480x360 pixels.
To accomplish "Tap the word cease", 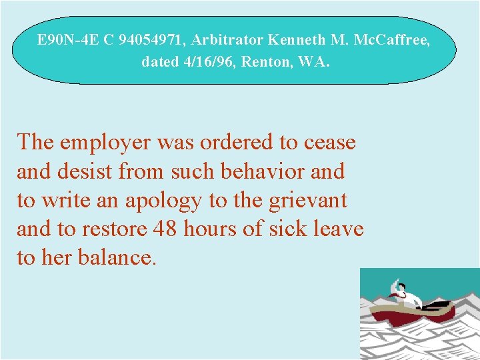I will (x=329, y=143).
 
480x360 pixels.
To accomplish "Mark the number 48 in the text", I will (x=166, y=229).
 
